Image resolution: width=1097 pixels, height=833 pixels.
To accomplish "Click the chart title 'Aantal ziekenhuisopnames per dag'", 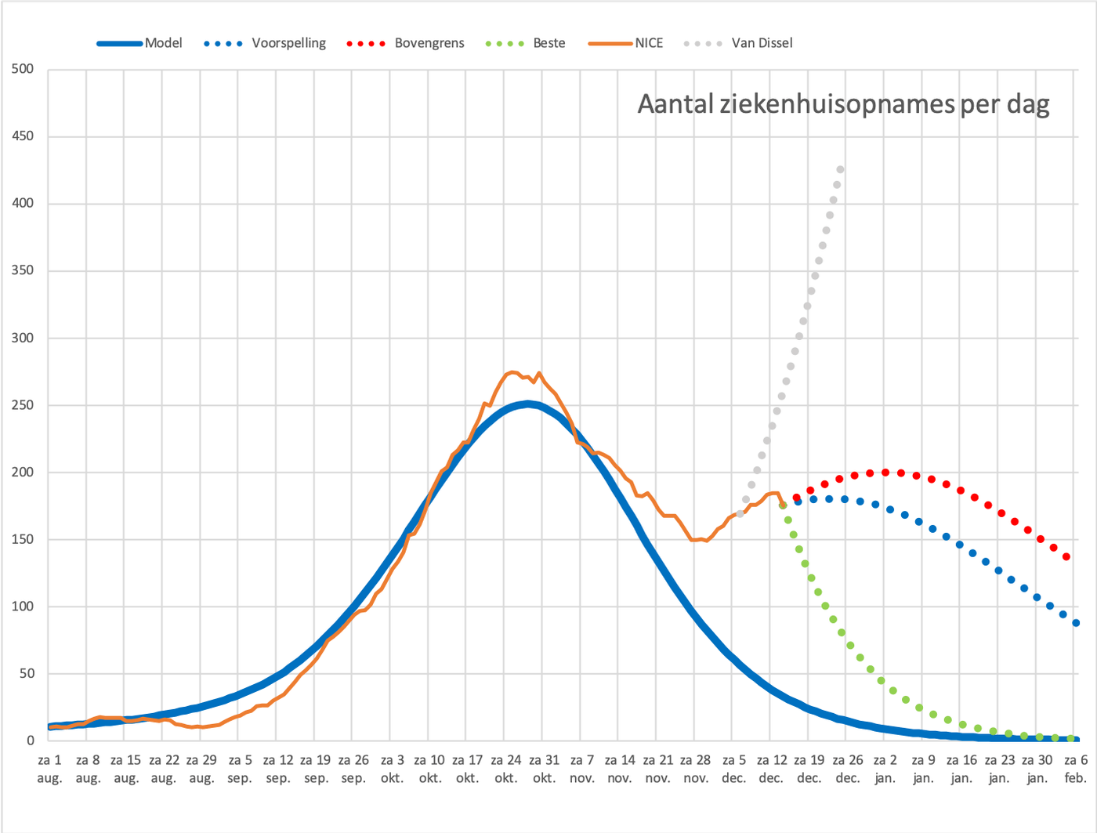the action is pyautogui.click(x=843, y=104).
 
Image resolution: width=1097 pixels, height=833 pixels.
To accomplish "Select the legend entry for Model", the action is pyautogui.click(x=139, y=43).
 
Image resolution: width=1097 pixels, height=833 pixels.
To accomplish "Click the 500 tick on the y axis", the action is pyautogui.click(x=23, y=68).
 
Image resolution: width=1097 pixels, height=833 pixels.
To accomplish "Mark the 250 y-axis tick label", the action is pyautogui.click(x=23, y=405).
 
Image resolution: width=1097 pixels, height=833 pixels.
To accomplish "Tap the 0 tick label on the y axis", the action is pyautogui.click(x=30, y=741).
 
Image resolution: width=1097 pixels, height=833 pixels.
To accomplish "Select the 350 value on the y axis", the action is pyautogui.click(x=23, y=270).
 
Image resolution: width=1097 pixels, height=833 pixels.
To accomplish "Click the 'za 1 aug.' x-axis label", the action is pyautogui.click(x=49, y=769).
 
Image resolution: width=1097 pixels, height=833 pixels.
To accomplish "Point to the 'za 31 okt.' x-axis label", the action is pyautogui.click(x=545, y=769).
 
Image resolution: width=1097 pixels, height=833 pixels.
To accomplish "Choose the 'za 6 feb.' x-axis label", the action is pyautogui.click(x=1076, y=769).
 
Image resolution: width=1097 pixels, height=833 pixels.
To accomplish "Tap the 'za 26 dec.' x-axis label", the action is pyautogui.click(x=848, y=769).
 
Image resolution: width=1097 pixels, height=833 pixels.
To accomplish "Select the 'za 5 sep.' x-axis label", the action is pyautogui.click(x=240, y=769).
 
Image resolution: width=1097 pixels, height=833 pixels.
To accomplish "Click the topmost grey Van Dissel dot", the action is pyautogui.click(x=840, y=170).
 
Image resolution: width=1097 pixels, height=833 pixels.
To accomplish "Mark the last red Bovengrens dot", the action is pyautogui.click(x=1066, y=556).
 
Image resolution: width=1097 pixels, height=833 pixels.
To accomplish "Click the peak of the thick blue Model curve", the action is pyautogui.click(x=527, y=404).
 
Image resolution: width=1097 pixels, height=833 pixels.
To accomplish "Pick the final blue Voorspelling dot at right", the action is pyautogui.click(x=1076, y=623).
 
